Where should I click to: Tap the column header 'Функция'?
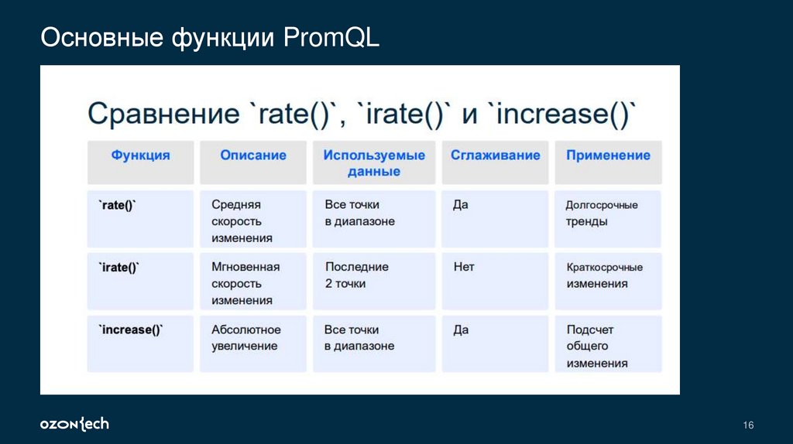[140, 155]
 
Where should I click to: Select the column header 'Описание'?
[252, 155]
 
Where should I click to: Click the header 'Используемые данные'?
[374, 163]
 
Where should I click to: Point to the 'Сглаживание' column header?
[495, 155]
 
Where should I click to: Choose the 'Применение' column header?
[608, 155]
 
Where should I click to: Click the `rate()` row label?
[117, 205]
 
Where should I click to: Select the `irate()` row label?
[118, 267]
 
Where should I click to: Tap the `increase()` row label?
[131, 330]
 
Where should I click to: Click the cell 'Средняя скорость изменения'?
[242, 221]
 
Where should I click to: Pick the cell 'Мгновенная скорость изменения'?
[245, 283]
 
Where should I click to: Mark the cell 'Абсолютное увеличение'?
[245, 338]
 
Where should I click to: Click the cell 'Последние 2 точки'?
[356, 275]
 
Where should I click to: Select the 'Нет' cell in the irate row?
[464, 267]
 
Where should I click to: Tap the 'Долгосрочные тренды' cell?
[601, 213]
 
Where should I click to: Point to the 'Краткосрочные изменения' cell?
[604, 275]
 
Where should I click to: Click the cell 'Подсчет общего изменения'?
[596, 346]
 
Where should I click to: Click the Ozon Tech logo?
[74, 424]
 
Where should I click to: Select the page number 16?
[747, 425]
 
